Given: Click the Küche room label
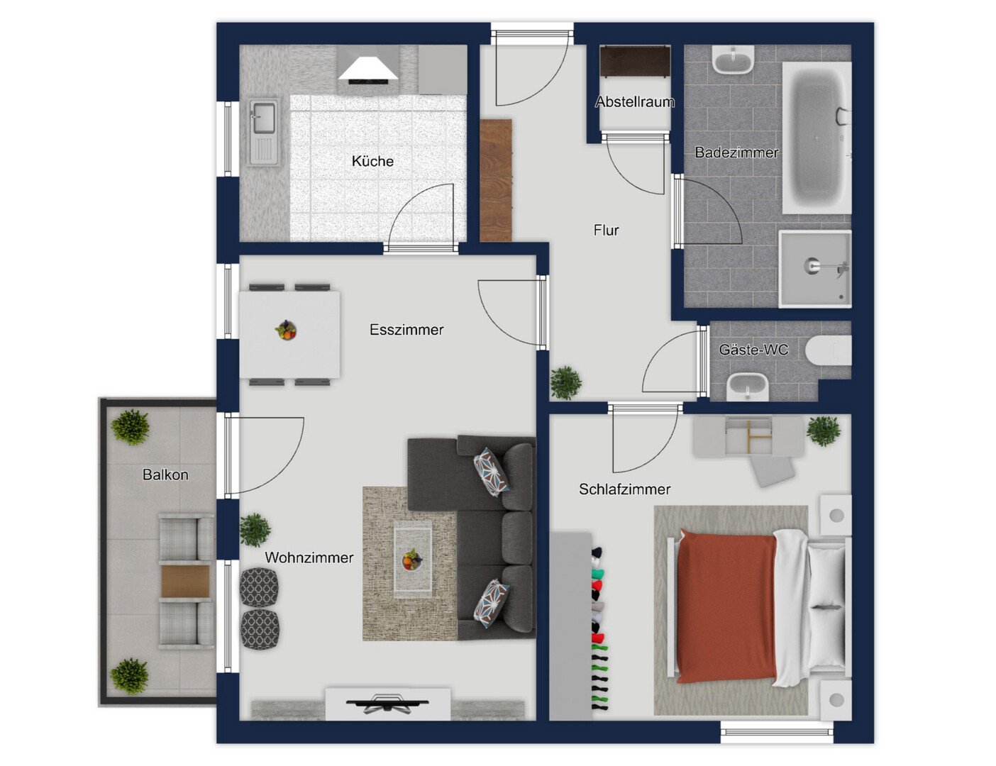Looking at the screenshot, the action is point(372,161).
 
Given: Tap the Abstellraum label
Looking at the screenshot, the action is point(635,101).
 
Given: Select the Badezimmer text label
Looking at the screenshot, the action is point(736,152).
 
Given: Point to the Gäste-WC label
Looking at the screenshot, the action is point(753,350).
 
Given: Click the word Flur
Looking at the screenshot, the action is point(606,230).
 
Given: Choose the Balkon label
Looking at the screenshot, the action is point(165,474).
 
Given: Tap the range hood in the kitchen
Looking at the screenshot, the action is point(369,70).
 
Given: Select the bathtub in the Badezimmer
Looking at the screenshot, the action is point(817,138).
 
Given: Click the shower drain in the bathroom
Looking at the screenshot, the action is point(811,265).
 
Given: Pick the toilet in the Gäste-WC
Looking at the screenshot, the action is point(828,351).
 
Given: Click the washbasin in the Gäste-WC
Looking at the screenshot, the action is point(748,387).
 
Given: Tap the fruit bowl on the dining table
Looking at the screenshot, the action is point(287,330).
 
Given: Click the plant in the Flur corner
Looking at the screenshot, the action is point(565,382).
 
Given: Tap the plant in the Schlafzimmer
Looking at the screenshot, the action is point(824,431).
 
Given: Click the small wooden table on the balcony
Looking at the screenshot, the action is point(186,582).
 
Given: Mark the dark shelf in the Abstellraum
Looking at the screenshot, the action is point(636,62).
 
